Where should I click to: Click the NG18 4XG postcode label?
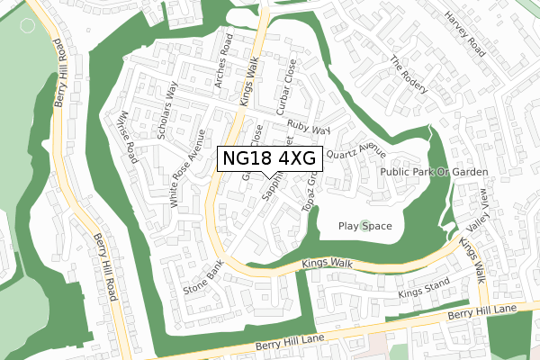pos(268,159)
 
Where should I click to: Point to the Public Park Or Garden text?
pos(434,172)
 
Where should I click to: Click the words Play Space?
pos(364,226)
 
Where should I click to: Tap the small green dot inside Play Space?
pos(364,226)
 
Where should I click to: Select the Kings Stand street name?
pos(421,292)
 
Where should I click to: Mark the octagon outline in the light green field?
pos(28,25)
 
